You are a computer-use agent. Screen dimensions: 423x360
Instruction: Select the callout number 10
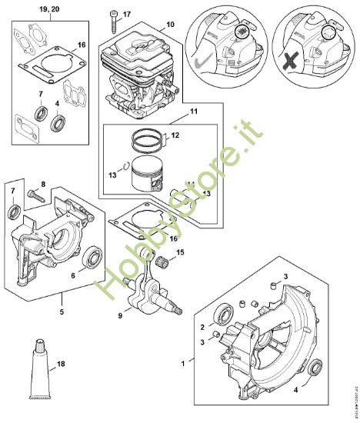coord(169,25)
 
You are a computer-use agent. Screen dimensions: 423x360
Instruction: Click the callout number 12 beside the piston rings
coord(176,136)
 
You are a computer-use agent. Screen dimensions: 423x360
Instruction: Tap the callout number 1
coord(183,361)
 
